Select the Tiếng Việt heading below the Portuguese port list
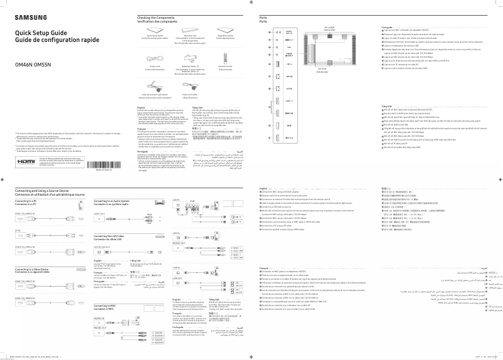click(388, 107)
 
